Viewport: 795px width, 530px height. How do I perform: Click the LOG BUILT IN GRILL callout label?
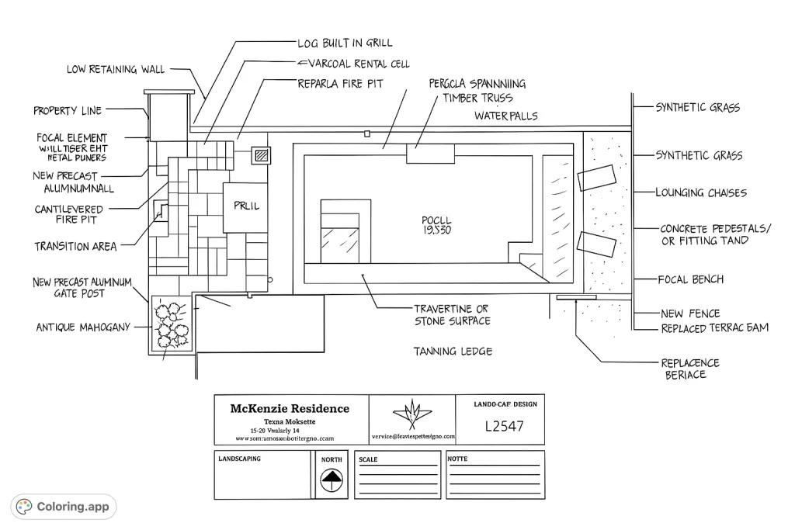tap(345, 43)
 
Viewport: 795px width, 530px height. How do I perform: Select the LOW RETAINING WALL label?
tap(115, 70)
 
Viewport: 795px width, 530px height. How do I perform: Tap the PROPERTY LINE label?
tap(67, 111)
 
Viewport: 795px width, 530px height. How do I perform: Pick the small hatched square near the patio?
tap(262, 155)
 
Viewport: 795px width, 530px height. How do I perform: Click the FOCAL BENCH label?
tap(689, 279)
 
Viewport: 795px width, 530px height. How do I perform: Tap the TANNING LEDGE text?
tap(453, 352)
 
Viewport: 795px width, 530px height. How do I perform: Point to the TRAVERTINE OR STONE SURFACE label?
tap(452, 314)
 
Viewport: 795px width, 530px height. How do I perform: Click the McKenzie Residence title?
tap(290, 409)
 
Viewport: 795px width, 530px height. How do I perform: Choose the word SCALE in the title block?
tap(368, 459)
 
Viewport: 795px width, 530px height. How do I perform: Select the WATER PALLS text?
tap(506, 116)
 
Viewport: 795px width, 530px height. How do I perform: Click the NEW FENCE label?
tap(690, 313)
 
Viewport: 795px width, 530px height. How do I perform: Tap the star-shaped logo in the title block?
tap(412, 413)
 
